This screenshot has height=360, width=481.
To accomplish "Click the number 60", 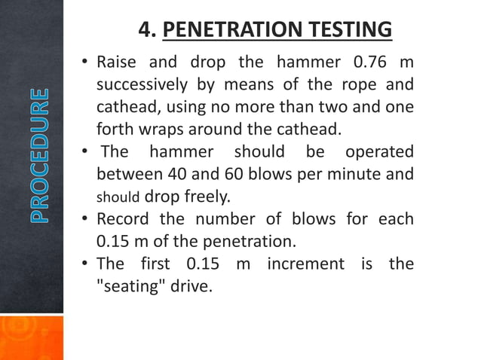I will point(243,175).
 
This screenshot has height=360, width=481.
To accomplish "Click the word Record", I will point(124,220).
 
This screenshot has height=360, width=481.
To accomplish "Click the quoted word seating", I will point(131,287).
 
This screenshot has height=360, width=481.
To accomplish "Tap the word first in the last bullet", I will point(154,264).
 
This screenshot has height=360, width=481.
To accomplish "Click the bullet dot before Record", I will point(87,220).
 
